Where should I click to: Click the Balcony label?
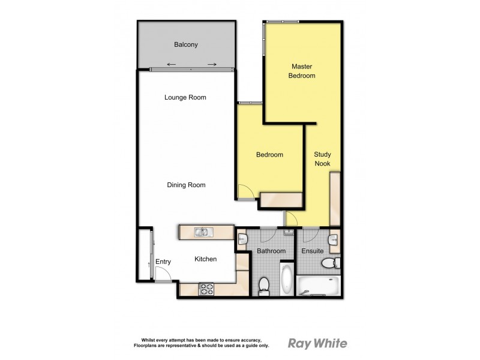point(186,44)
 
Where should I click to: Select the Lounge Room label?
point(185,97)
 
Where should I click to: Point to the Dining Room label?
point(186,185)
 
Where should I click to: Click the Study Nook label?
point(323,159)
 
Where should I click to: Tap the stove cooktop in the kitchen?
point(206,290)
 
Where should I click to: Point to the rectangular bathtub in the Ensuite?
point(320,286)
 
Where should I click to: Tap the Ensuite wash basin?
point(335,239)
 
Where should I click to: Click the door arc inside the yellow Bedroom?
point(245,191)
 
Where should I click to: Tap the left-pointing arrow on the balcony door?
point(172,64)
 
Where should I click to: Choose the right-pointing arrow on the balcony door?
point(211,64)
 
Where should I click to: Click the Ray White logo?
point(317,344)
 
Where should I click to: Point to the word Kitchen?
point(205,259)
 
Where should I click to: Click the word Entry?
point(163,262)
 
